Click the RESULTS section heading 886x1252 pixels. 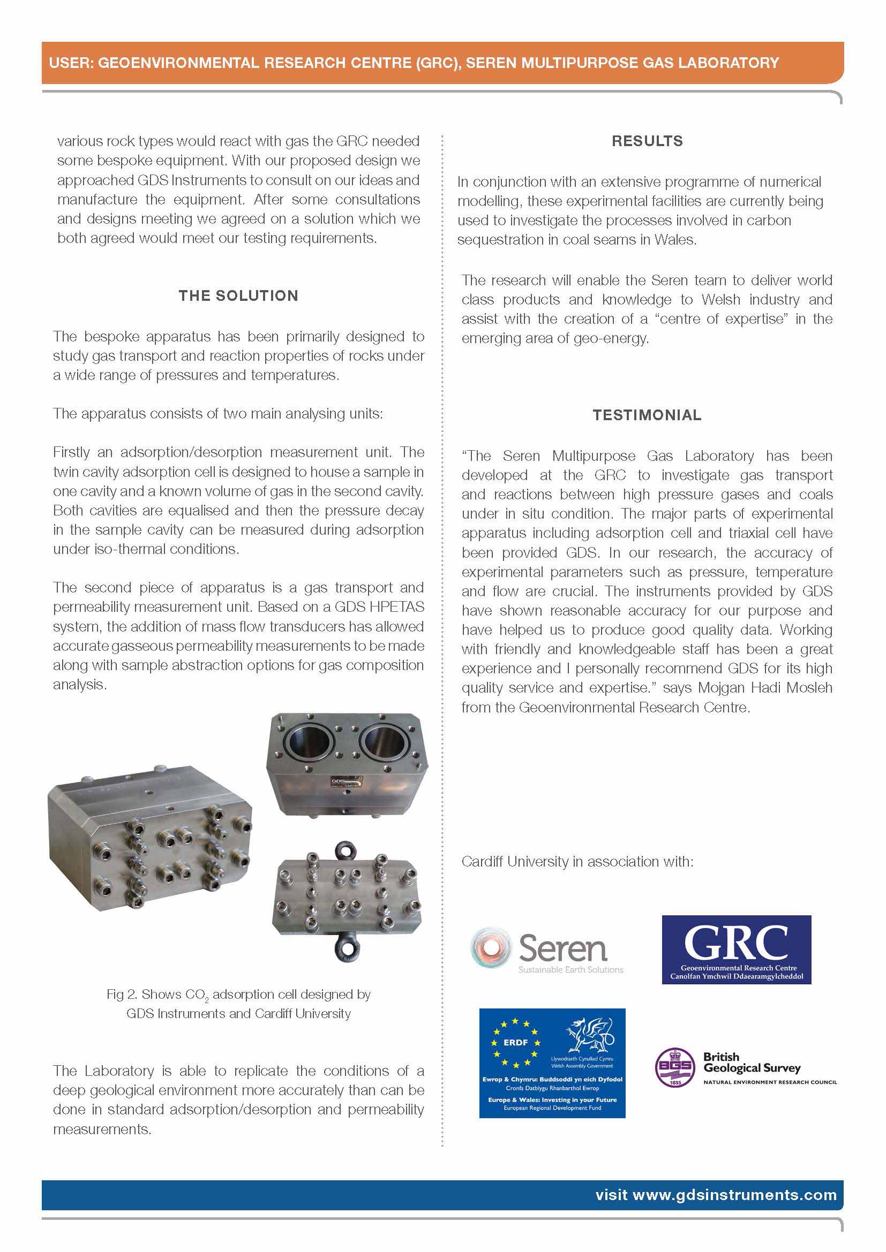647,141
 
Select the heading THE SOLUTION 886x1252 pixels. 238,296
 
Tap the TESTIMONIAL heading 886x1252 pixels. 647,415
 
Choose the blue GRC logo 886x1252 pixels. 736,950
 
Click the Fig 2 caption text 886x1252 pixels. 238,1004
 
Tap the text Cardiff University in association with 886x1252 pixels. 577,862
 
